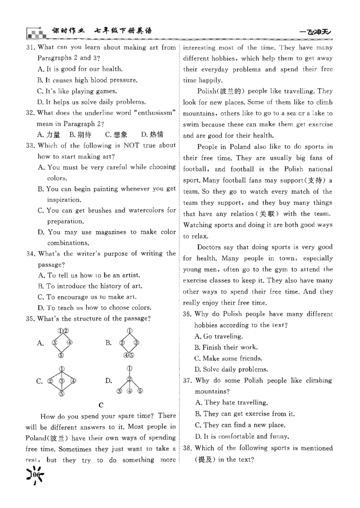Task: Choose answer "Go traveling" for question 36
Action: (219, 336)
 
